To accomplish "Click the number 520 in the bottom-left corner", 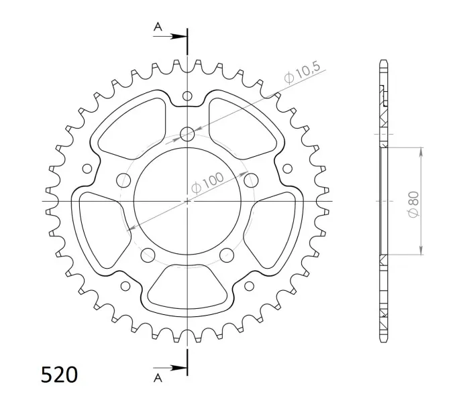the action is tap(59, 375).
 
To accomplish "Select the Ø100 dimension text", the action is tap(207, 183).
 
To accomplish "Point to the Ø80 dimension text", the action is tap(413, 204).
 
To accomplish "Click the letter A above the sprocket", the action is tap(158, 27).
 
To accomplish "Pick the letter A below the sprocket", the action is tap(158, 378).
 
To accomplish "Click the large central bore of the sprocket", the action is tap(187, 201).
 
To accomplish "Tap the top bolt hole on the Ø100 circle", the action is tap(187, 134).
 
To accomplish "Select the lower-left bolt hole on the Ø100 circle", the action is tap(148, 255).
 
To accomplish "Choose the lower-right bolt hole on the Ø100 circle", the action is tap(227, 255).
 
